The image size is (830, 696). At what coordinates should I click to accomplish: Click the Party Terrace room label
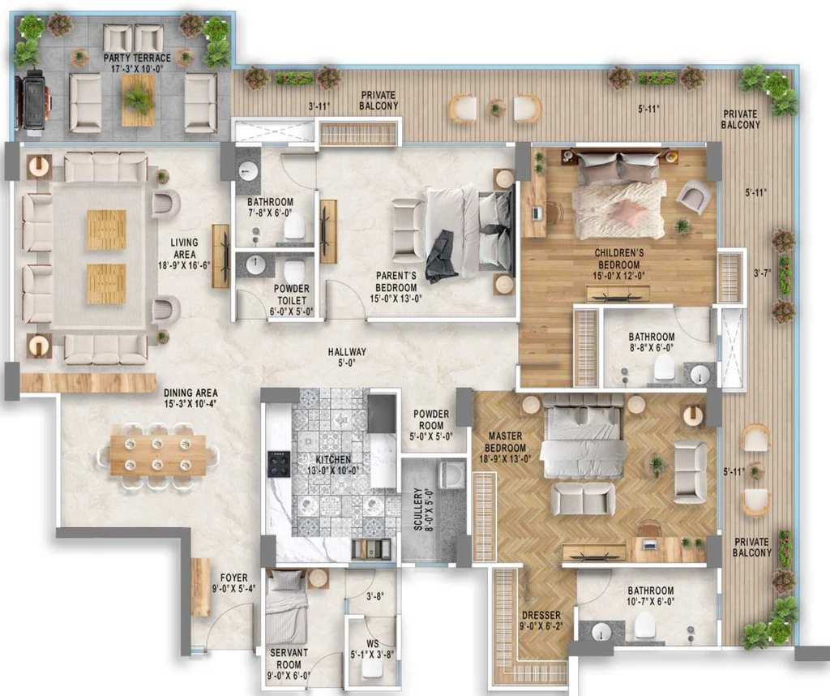click(x=137, y=63)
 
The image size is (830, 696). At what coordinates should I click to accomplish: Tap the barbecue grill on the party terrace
click(x=32, y=103)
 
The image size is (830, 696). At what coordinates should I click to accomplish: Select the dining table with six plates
click(x=158, y=455)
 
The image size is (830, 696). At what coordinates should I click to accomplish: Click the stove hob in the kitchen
click(x=279, y=464)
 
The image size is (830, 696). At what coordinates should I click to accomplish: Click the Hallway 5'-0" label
click(x=347, y=357)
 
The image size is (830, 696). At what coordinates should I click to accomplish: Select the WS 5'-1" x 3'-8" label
click(x=372, y=649)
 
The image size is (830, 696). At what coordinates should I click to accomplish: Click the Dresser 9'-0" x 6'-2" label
click(x=541, y=621)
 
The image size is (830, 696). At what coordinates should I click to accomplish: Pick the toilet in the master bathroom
click(x=645, y=625)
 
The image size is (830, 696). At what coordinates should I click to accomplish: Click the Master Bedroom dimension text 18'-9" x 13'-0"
click(x=505, y=458)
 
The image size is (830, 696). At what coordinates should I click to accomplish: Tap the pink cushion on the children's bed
click(x=628, y=211)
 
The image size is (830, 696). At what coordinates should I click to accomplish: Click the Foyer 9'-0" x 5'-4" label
click(x=233, y=582)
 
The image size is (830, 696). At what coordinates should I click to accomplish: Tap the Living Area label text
click(x=184, y=248)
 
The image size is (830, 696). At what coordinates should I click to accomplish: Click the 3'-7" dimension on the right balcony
click(x=762, y=273)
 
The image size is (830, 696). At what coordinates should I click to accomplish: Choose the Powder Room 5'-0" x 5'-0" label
click(x=431, y=425)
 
